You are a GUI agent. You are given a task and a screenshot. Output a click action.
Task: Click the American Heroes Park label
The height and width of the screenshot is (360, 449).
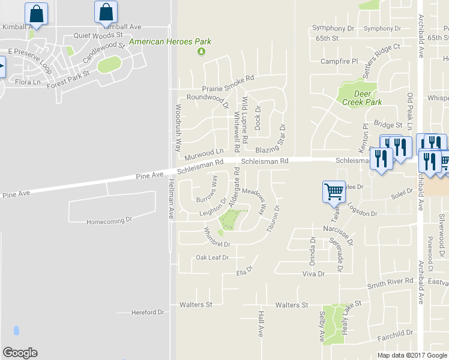[x=170, y=42]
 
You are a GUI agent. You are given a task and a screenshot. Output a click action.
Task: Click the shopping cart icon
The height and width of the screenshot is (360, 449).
[x=334, y=192]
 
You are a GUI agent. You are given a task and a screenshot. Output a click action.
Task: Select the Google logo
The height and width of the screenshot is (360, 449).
[x=20, y=353]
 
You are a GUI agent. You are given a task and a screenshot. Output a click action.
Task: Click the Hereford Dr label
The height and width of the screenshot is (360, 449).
[x=148, y=313]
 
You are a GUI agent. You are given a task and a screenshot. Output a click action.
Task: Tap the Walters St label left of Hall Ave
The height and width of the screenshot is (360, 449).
[x=196, y=305]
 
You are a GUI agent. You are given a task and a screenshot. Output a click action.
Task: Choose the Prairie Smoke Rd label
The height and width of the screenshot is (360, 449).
[x=228, y=78]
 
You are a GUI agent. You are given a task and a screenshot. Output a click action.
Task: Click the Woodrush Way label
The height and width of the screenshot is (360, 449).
[x=178, y=128]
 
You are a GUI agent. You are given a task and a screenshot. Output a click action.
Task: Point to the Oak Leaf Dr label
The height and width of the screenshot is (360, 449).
[x=212, y=257]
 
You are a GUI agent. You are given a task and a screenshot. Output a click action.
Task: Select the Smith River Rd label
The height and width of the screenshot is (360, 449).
[x=391, y=281]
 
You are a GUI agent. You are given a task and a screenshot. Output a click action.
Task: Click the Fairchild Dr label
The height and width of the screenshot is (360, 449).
[x=396, y=333]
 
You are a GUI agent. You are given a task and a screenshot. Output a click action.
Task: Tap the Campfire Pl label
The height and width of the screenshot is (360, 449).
[x=339, y=61]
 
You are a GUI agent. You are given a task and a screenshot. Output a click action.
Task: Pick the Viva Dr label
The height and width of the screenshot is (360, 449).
[x=313, y=274]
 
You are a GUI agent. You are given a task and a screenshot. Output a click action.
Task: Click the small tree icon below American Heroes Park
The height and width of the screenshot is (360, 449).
[x=202, y=52]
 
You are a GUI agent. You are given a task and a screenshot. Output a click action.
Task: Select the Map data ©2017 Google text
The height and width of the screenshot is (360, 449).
[x=412, y=355]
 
